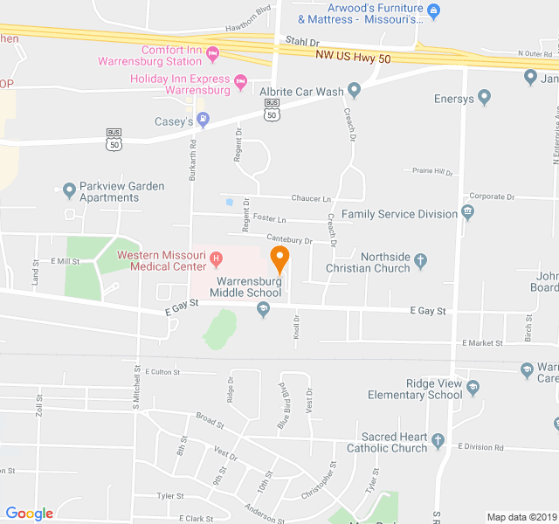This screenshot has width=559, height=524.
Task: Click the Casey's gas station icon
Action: pos(204,121)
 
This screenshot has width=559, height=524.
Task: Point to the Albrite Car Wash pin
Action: pos(354,89)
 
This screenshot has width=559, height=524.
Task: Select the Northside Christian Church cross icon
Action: pos(420,259)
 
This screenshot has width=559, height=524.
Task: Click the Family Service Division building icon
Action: pos(468,212)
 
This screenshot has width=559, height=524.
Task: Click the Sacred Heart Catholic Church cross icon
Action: pos(438,440)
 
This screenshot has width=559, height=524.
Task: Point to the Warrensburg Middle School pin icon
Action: pos(263,307)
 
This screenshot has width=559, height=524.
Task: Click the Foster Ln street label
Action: pos(269,217)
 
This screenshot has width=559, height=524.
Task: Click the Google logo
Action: pos(30,514)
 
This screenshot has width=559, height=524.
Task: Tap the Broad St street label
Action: pos(210,419)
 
